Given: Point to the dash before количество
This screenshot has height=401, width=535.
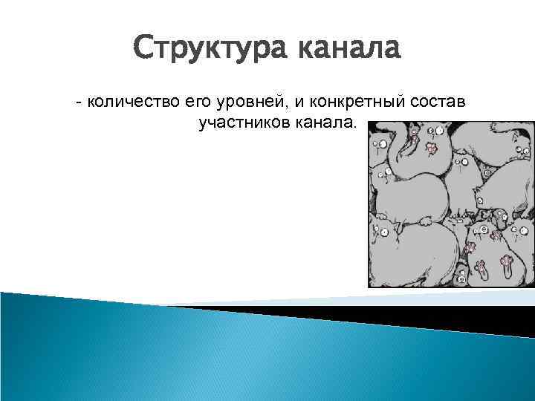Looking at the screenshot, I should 79,102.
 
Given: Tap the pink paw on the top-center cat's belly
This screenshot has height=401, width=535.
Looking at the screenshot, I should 430,149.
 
